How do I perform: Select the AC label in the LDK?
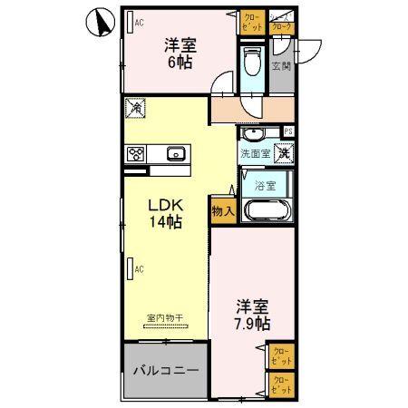point(140,268)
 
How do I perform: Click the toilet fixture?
point(253,63)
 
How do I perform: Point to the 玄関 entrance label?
point(282,65)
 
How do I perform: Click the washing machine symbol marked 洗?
point(284,153)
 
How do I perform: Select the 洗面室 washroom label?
point(254,154)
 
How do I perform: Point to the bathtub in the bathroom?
point(266,212)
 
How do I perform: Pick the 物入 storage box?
point(223,210)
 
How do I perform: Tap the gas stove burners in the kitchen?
point(137,153)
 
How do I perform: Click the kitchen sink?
point(176,153)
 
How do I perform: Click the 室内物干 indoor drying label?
point(164,318)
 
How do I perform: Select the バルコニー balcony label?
point(166,370)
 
